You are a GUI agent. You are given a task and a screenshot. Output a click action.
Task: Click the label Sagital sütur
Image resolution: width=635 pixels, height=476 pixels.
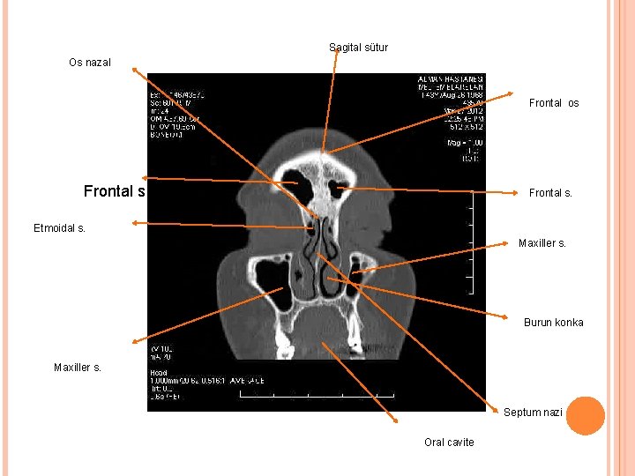click(x=358, y=48)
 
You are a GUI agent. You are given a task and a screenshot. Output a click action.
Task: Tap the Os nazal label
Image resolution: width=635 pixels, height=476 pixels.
click(x=90, y=63)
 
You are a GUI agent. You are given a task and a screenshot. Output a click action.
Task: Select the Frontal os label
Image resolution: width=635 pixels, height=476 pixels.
click(x=554, y=103)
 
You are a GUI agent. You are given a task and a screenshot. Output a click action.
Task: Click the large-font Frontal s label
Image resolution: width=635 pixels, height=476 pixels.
click(x=115, y=191)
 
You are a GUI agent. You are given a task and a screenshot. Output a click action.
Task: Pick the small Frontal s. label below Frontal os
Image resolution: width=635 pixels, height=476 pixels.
click(x=550, y=192)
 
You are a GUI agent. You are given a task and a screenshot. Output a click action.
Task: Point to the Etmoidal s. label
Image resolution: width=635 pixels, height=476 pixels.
click(x=59, y=229)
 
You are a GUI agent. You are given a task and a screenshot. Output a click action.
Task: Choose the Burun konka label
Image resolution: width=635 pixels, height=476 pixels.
click(x=553, y=323)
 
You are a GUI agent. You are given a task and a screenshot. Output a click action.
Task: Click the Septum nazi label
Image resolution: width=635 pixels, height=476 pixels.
click(x=533, y=413)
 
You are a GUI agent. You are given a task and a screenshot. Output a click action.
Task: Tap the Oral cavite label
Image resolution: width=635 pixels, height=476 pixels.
click(x=449, y=443)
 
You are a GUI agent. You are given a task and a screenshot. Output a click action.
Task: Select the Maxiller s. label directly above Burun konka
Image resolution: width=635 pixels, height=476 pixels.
click(x=542, y=243)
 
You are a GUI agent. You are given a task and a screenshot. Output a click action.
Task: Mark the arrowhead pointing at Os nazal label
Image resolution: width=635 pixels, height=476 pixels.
click(x=133, y=66)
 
